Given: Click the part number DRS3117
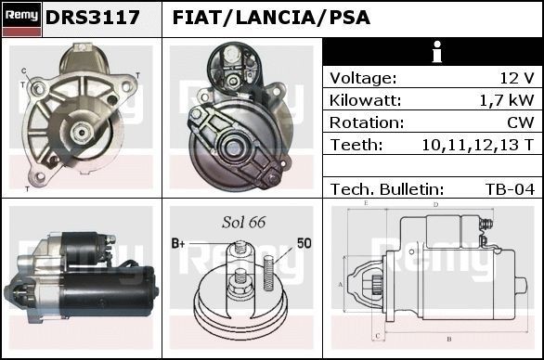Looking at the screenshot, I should pos(93,18).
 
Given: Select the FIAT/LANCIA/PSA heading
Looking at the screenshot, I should pos(271,18).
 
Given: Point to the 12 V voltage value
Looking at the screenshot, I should pos(516,78).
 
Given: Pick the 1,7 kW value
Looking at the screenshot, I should pos(509,100).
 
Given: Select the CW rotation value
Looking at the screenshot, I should pos(521,122).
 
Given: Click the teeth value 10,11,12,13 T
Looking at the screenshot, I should pos(477,145).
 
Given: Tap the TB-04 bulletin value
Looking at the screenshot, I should pos(510,188).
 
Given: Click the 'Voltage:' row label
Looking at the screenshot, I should pos(363,78).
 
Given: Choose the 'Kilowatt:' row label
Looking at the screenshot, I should pos(365,100).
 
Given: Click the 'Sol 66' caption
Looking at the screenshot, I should pos(244,223).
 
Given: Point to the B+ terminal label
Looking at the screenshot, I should pos(179,243).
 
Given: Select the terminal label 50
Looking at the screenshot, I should pos(304,243).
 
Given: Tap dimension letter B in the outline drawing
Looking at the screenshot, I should pos(448,338).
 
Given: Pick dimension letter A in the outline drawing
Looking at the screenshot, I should pos(341,283).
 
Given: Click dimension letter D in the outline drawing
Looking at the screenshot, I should pos(434,204).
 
